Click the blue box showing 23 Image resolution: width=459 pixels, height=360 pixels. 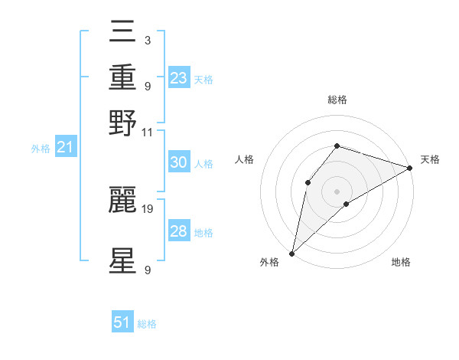[179, 77]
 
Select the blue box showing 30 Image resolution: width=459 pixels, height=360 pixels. [178, 162]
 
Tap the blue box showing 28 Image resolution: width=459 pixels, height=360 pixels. [178, 231]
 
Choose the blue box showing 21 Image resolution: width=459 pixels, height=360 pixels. [65, 146]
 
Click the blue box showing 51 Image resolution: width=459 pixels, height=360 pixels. [122, 322]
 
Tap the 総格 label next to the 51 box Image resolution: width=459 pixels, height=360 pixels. [147, 324]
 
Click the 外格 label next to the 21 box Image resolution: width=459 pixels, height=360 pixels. [41, 149]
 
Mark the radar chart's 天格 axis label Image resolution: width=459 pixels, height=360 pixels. [430, 159]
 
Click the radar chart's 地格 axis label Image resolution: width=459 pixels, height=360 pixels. [401, 263]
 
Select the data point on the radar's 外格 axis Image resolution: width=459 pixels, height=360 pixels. [291, 253]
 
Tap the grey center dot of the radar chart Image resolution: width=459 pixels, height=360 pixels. [337, 191]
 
